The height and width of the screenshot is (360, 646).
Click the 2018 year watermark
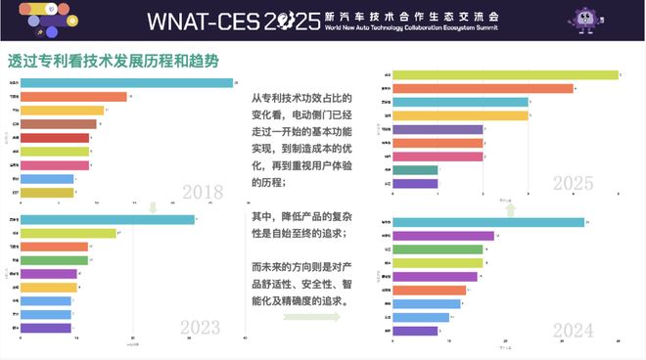tap(203, 193)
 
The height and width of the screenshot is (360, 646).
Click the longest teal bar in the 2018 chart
tap(126, 82)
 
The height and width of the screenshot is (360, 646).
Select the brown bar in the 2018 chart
tap(58, 124)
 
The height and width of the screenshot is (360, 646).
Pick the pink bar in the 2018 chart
tap(55, 165)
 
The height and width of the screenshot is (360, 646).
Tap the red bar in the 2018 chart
tap(55, 138)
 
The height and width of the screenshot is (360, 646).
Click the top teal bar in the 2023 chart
tap(107, 219)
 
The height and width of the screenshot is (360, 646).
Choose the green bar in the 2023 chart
tap(54, 260)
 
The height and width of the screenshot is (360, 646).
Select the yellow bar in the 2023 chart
tap(48, 288)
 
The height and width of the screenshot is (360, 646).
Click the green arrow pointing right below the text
tap(311, 317)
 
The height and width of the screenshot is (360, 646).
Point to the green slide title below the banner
tap(113, 60)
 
